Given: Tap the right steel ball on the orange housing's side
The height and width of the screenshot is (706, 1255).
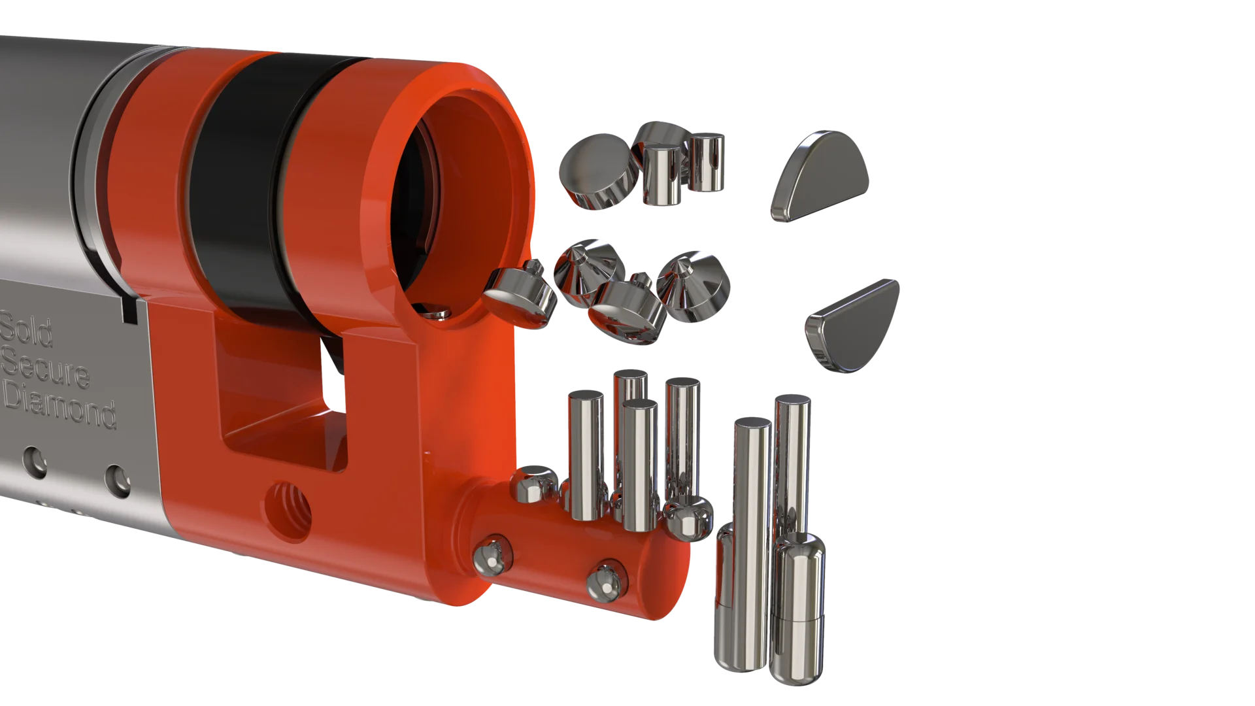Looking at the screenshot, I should pyautogui.click(x=605, y=579).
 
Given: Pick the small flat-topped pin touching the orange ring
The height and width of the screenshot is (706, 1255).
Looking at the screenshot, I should pyautogui.click(x=520, y=297).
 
